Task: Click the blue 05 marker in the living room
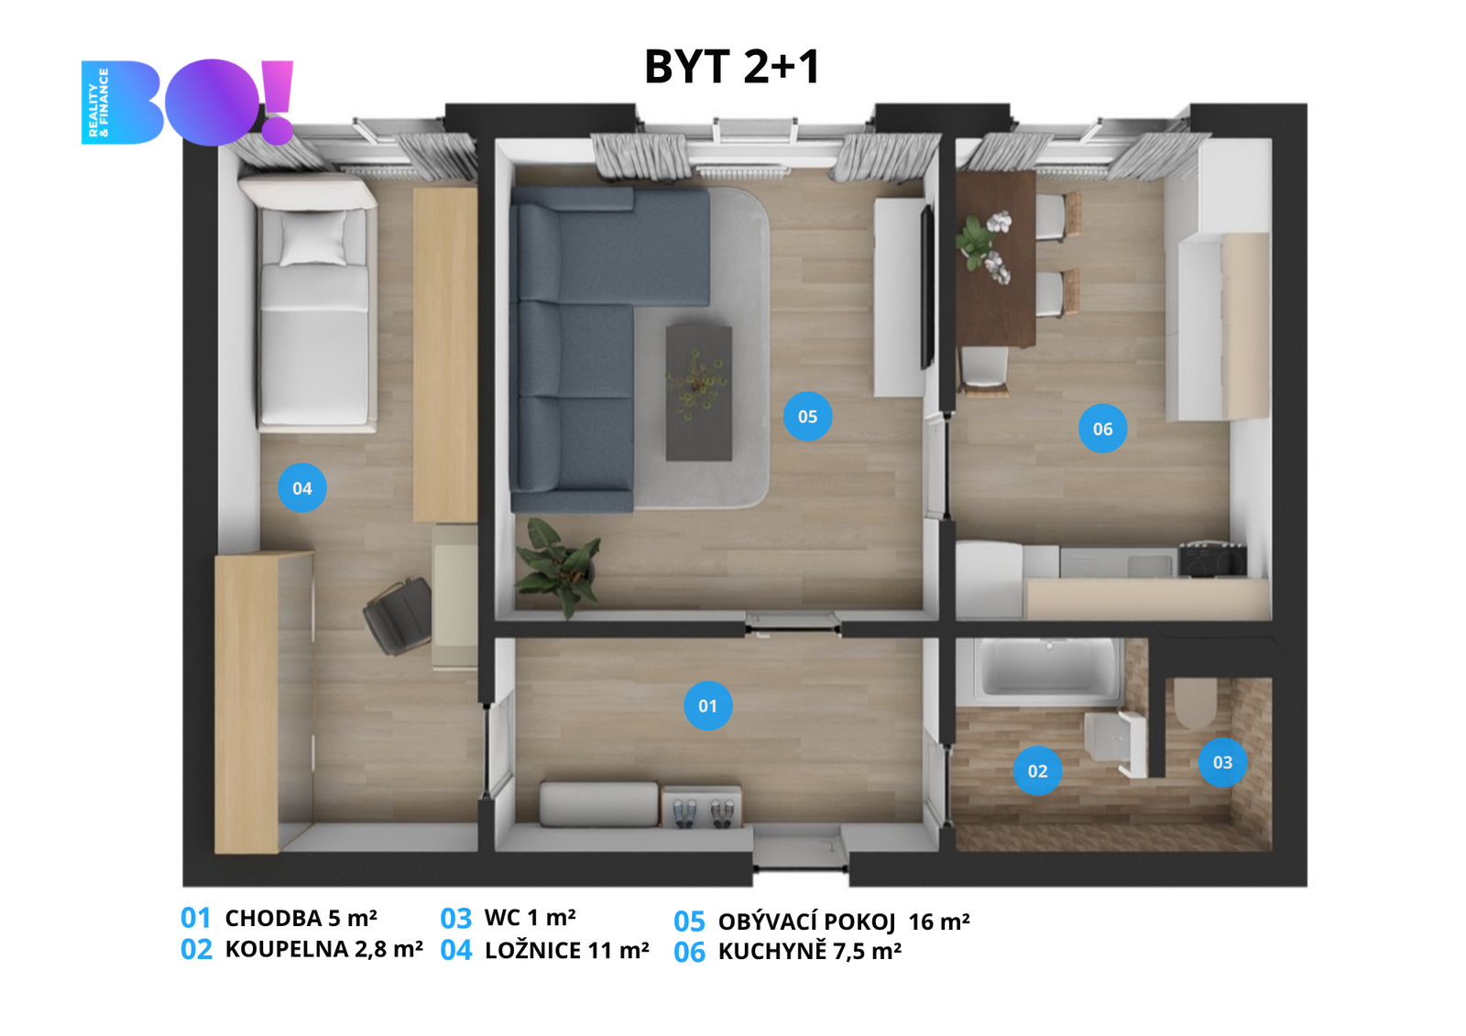[807, 416]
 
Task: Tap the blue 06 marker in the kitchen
[1103, 429]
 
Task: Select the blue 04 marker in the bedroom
[302, 487]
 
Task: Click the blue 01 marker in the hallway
[707, 705]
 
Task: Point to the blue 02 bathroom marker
[1037, 771]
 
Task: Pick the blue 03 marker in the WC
[1222, 762]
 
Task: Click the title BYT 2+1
[732, 67]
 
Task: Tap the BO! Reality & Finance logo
[187, 102]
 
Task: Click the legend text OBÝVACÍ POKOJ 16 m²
[844, 921]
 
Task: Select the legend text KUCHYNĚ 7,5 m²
[810, 952]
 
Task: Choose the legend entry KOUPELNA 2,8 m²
[324, 949]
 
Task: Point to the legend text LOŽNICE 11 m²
[567, 950]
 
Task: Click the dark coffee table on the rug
[698, 393]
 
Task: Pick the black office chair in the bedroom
[398, 616]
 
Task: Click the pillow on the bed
[313, 238]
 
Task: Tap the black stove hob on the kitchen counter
[1212, 560]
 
